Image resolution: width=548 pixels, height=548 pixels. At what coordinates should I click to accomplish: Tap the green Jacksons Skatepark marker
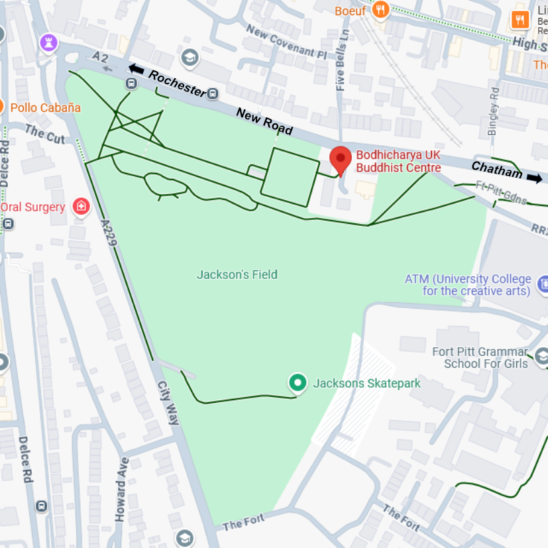(298, 382)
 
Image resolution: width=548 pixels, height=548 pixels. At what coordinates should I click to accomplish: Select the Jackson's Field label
(237, 274)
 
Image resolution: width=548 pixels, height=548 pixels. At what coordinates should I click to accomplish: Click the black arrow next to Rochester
(137, 69)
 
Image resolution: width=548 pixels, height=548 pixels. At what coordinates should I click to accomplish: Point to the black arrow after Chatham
(534, 178)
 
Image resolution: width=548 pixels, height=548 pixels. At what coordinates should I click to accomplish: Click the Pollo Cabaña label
(46, 107)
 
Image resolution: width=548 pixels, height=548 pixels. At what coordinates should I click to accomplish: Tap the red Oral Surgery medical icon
(81, 207)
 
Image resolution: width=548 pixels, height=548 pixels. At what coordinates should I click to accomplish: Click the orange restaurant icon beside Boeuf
(380, 9)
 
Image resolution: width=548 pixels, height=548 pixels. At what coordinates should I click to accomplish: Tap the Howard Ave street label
(121, 488)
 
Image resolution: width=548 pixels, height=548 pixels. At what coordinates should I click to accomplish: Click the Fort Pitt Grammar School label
(480, 358)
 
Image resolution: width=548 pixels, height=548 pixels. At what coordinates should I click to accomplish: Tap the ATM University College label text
(468, 285)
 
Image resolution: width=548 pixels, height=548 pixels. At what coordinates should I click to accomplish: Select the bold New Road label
(264, 121)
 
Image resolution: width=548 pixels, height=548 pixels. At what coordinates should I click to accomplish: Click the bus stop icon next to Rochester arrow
(131, 83)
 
